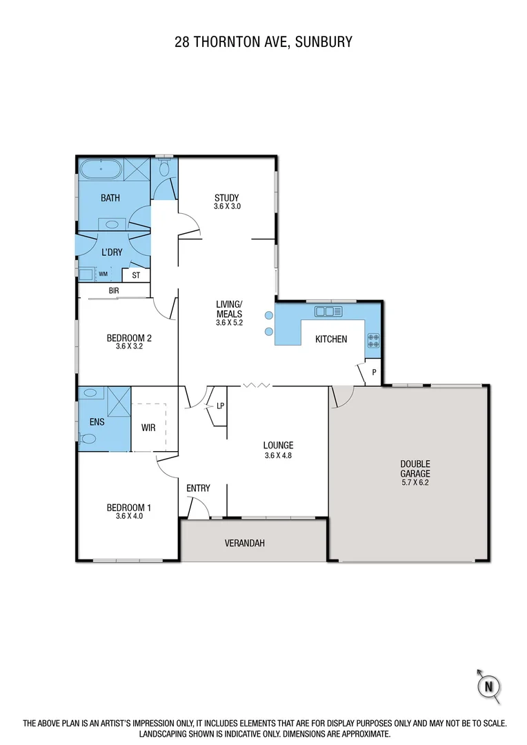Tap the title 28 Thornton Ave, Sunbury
(x=263, y=41)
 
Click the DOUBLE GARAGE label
(x=415, y=468)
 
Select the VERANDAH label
(x=244, y=543)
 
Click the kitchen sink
(x=328, y=312)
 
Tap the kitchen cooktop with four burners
(x=373, y=340)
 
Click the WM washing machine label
(x=103, y=275)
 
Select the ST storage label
(x=136, y=275)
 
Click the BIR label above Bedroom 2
(x=114, y=291)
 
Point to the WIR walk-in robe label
(x=148, y=428)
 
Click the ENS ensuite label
(x=97, y=421)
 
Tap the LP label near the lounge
(x=220, y=406)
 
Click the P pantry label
(x=374, y=372)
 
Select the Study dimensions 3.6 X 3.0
(x=227, y=206)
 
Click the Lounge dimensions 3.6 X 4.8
(x=278, y=455)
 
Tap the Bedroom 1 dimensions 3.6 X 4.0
(x=128, y=517)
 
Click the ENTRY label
(x=198, y=488)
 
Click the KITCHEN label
(x=331, y=339)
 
